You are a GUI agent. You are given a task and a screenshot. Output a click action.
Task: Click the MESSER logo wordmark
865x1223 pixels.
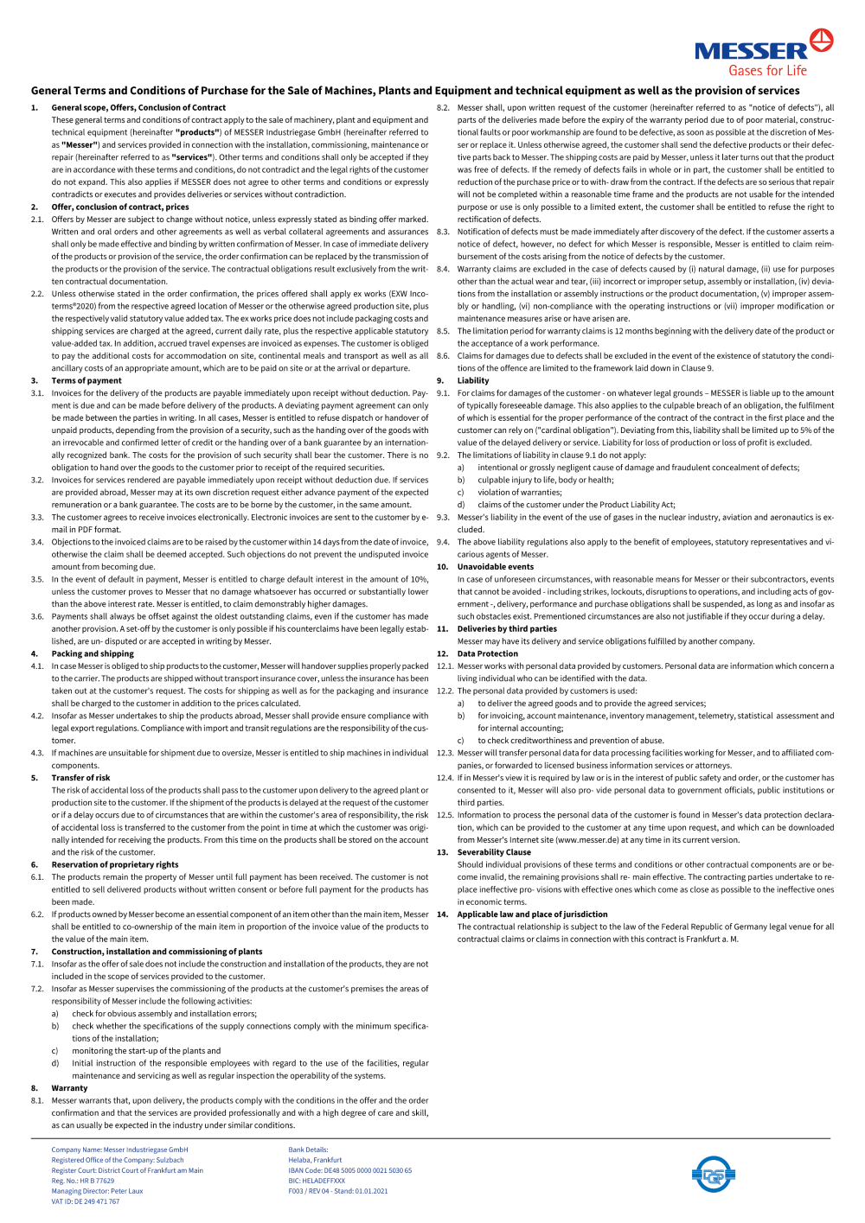[750, 52]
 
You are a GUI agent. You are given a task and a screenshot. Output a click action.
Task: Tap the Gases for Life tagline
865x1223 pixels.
[767, 71]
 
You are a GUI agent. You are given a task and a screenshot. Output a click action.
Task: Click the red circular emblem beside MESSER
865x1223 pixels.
[821, 40]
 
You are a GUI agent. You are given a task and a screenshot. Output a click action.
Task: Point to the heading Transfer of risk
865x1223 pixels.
[80, 778]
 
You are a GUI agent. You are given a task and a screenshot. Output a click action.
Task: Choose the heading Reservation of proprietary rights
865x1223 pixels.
[115, 864]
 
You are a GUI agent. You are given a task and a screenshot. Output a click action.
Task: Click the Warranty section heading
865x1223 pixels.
[69, 1088]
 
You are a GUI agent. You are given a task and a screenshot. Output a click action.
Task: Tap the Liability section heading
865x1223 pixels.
[473, 380]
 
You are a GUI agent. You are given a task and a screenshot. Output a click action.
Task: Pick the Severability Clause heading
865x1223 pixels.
[494, 852]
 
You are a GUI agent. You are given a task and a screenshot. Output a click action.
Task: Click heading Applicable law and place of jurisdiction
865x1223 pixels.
[532, 914]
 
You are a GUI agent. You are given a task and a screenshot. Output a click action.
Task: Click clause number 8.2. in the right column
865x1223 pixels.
[443, 108]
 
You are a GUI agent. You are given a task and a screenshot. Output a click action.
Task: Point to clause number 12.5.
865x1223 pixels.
[445, 815]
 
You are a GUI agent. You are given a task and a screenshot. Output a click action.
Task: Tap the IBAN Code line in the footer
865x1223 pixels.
[349, 1170]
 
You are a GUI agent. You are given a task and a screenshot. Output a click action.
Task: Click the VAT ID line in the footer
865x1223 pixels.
[85, 1201]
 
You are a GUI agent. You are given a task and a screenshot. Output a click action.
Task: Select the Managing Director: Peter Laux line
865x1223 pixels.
[97, 1191]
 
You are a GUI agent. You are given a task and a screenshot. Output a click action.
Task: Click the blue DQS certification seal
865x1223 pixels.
[713, 1175]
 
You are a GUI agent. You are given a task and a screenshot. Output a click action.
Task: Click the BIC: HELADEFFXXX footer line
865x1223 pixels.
[317, 1181]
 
